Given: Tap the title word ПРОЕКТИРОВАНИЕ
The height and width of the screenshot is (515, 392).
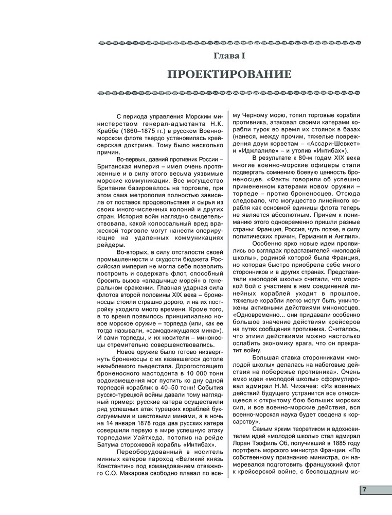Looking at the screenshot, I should pos(229,75).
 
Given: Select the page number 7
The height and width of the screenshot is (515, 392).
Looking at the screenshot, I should pos(364,490).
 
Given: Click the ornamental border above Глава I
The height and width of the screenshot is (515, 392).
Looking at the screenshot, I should pos(229,42).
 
